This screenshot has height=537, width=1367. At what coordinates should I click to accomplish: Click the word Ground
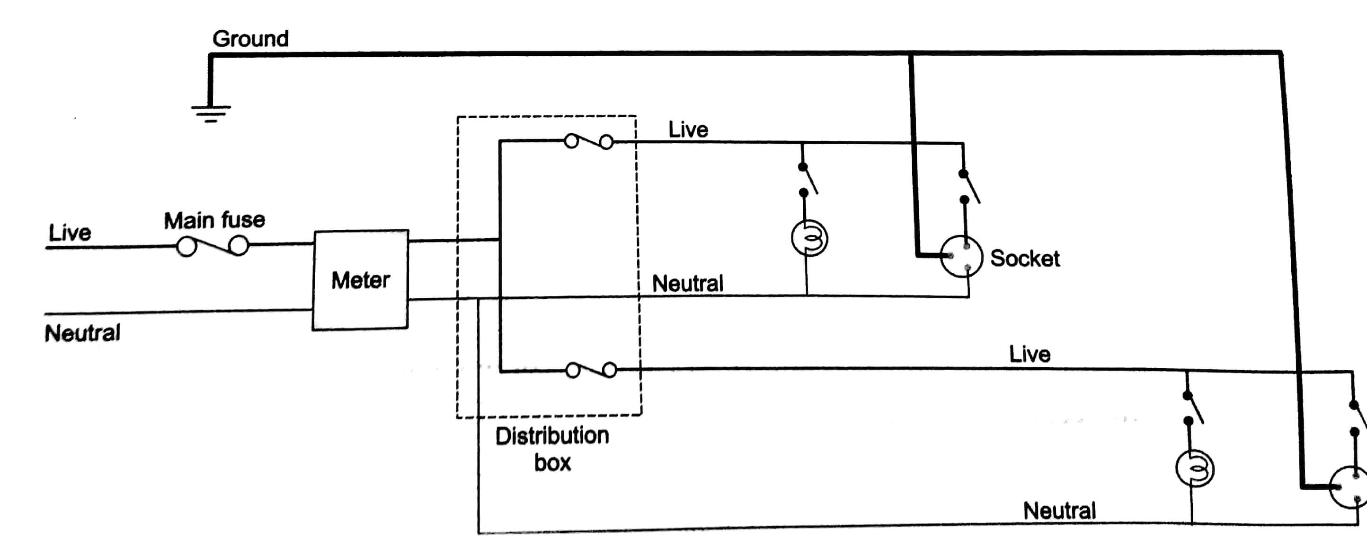250,39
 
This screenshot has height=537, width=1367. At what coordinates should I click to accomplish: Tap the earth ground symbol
211,113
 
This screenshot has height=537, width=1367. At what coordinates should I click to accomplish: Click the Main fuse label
214,220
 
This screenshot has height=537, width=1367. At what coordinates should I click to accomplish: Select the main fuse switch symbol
212,246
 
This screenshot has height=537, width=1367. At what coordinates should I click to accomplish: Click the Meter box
360,279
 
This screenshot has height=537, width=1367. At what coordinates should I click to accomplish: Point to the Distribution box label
552,449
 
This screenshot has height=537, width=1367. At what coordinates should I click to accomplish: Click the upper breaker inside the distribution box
588,141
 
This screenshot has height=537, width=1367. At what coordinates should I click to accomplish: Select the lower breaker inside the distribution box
591,370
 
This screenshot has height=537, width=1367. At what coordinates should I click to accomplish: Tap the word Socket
1024,258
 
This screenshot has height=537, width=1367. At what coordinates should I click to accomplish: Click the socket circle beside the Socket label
961,257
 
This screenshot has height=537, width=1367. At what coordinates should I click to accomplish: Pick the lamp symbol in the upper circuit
809,238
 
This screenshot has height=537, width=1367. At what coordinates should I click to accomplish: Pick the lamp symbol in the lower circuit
1194,468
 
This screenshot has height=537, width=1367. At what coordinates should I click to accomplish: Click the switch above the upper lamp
807,180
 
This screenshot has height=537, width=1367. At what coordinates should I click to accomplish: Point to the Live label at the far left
70,233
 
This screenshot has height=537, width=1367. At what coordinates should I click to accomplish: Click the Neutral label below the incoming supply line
82,333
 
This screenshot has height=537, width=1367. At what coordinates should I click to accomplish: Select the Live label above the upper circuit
688,130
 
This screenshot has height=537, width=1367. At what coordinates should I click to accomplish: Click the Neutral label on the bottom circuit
1059,511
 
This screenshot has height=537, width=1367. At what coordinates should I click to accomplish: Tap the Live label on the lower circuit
1029,354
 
